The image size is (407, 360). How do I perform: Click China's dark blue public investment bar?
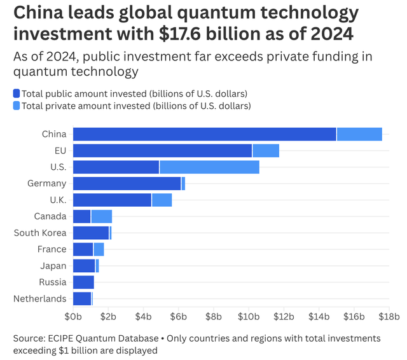click(x=204, y=134)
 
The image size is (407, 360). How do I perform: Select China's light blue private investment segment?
click(x=359, y=134)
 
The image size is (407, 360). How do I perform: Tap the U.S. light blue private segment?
click(x=209, y=167)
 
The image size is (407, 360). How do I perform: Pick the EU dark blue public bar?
click(x=162, y=150)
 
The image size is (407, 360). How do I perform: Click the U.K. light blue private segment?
click(x=162, y=200)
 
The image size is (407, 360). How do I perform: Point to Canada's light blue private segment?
click(x=102, y=216)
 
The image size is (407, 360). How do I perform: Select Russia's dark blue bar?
click(x=83, y=282)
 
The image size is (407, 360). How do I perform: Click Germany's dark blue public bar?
click(x=127, y=183)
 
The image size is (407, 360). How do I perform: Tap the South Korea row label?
click(x=40, y=233)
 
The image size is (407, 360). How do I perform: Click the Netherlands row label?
click(x=39, y=299)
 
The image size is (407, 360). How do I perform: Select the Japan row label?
click(x=54, y=266)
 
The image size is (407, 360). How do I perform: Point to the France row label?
click(x=52, y=249)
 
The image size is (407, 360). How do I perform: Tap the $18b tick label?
click(x=388, y=315)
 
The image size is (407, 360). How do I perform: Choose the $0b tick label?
click(x=73, y=315)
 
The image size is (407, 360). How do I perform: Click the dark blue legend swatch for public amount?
click(x=17, y=93)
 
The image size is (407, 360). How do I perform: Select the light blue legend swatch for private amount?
click(x=17, y=106)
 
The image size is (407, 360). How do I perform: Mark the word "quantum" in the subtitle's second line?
click(x=38, y=72)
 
